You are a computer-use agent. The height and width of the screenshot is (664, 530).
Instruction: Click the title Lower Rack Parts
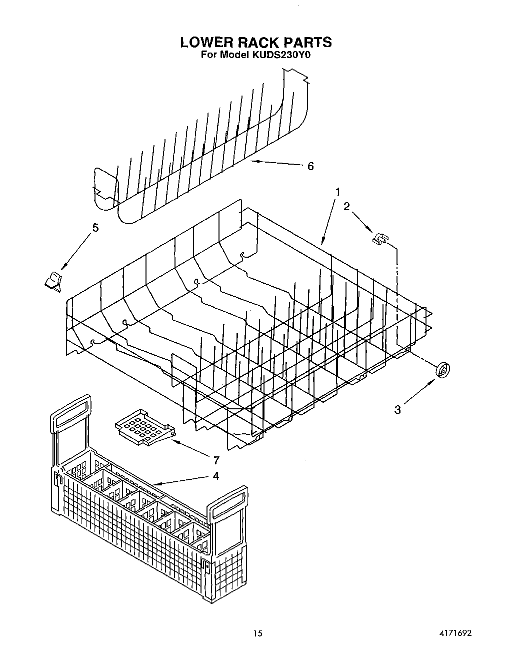[x=256, y=42]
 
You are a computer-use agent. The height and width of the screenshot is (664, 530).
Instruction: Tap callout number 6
[x=310, y=166]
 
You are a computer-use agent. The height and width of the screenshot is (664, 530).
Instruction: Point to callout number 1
[x=338, y=192]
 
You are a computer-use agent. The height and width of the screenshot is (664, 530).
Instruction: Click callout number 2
[x=346, y=206]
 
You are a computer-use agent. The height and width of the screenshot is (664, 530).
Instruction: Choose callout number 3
[x=397, y=410]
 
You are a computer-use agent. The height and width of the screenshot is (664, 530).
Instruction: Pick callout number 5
[x=95, y=228]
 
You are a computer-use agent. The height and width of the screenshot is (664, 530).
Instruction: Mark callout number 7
[x=216, y=460]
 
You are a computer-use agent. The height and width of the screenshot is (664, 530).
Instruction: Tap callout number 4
[x=215, y=476]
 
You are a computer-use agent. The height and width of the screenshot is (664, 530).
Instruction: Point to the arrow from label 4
[x=180, y=481]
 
